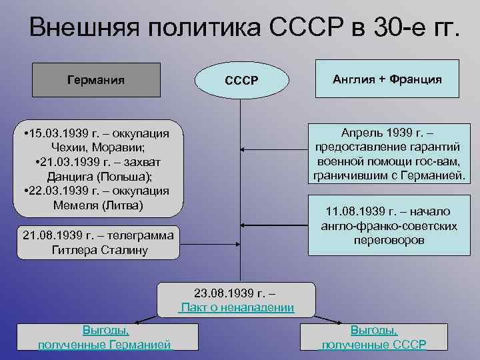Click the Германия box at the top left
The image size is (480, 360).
click(96, 79)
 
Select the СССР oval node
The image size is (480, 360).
click(241, 81)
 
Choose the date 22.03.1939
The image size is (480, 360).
click(58, 191)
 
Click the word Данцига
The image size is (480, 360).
click(71, 177)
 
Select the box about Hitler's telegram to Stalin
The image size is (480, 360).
click(97, 243)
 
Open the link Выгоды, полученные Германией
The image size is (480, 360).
click(105, 337)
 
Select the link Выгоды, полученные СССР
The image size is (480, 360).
click(374, 337)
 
